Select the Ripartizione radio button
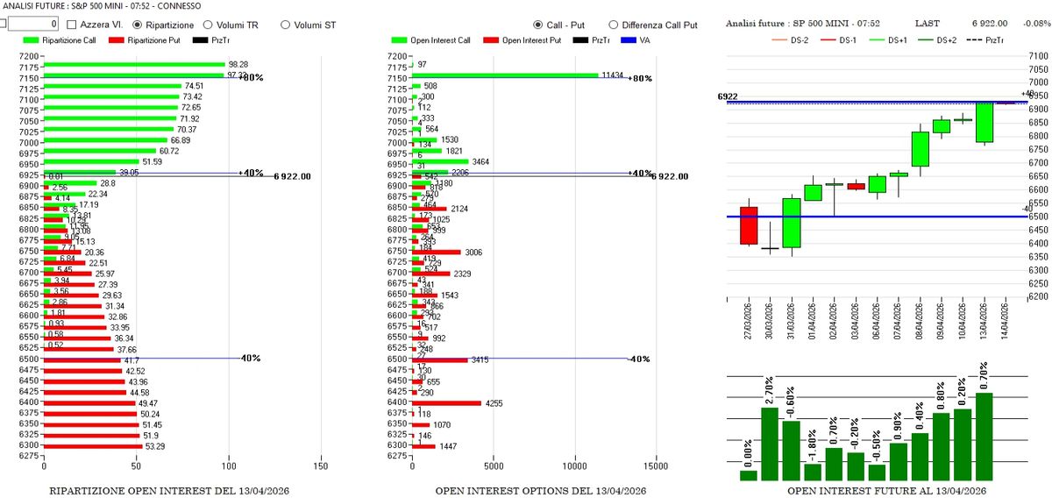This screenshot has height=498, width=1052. (138, 25)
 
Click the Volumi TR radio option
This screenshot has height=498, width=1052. (208, 25)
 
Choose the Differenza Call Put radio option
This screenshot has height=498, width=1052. (614, 25)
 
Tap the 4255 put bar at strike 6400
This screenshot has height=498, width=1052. (447, 402)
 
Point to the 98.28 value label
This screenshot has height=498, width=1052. (238, 65)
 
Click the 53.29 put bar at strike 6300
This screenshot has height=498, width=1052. (92, 446)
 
